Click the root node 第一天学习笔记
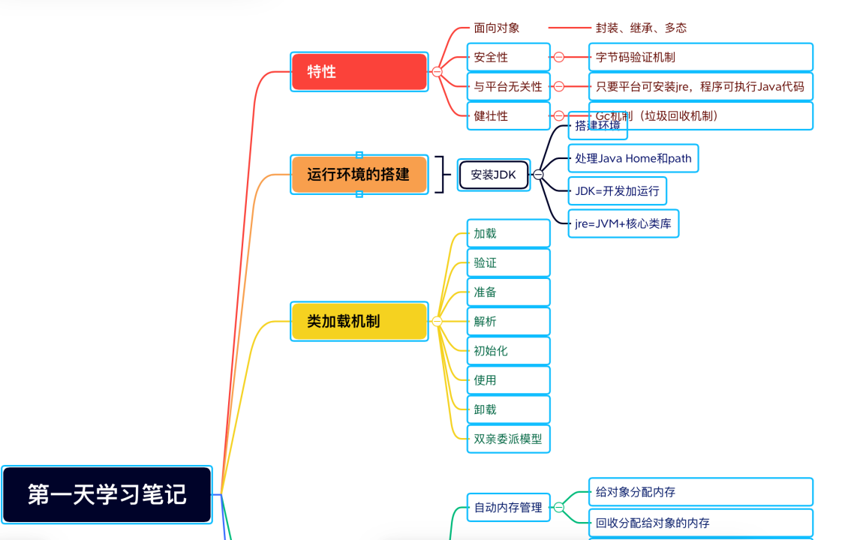tap(107, 494)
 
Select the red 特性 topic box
tap(359, 72)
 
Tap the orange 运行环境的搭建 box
tap(359, 175)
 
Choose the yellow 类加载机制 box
tap(359, 321)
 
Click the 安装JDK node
tap(493, 175)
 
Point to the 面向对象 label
tap(496, 28)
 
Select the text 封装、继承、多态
tap(641, 28)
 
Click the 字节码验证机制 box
tap(701, 57)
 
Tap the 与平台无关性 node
tap(508, 86)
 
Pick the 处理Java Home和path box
tap(633, 158)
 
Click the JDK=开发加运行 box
tap(617, 190)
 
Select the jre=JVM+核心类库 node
tap(623, 223)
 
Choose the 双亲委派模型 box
tap(508, 439)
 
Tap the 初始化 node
tap(508, 350)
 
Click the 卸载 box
tap(508, 409)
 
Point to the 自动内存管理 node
tap(508, 507)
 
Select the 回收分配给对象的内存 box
tap(700, 523)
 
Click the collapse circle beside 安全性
tap(558, 57)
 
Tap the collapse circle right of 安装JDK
tap(538, 175)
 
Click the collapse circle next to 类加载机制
tap(437, 321)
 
